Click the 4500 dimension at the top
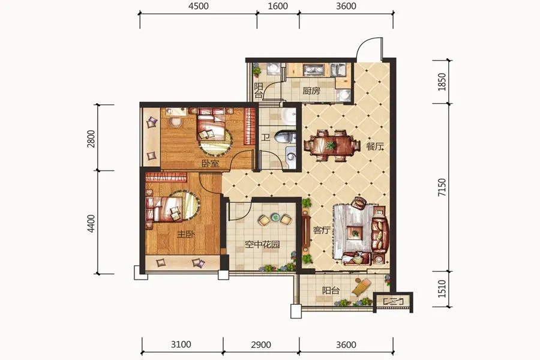pos(199,7)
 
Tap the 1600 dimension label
pos(278,7)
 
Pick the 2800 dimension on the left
pos(91,139)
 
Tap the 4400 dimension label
pos(91,223)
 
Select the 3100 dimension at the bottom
pos(181,344)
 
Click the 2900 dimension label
pos(261,344)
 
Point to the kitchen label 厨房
pos(311,91)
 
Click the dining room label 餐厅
pos(374,146)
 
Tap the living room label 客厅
pos(322,230)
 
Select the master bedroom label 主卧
pos(186,235)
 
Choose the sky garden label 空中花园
pos(262,245)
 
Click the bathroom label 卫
pos(265,138)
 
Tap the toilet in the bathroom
pos(285,137)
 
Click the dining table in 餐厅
pos(331,145)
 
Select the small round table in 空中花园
pos(275,217)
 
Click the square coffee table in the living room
pos(355,233)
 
